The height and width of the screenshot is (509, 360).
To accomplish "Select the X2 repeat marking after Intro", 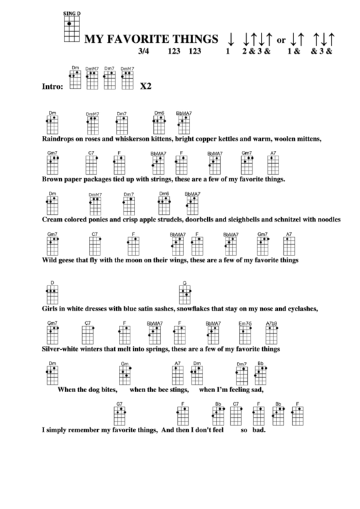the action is click(x=145, y=87).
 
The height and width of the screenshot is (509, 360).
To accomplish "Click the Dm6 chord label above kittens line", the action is click(x=159, y=113).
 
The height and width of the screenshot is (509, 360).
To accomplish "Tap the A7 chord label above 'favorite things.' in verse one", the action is click(x=273, y=153).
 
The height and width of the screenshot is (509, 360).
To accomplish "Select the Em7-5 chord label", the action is click(x=245, y=323).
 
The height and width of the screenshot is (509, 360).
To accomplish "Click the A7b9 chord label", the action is click(x=272, y=323).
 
